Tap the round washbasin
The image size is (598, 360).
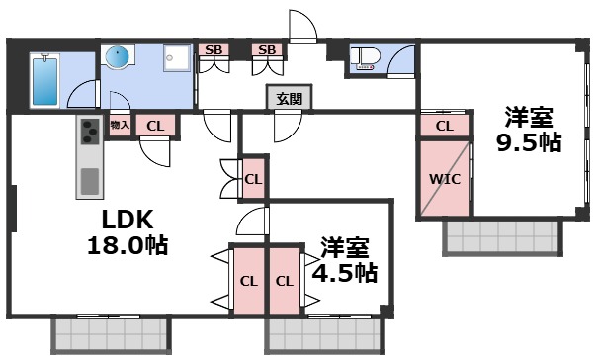(118, 58)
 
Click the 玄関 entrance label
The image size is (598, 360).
(289, 98)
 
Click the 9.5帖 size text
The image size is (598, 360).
(528, 141)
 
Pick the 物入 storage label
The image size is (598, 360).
(120, 125)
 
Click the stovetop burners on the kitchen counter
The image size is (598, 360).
(89, 131)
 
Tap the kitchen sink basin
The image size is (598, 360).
(89, 182)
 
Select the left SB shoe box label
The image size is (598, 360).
(213, 49)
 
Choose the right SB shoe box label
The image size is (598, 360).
(266, 49)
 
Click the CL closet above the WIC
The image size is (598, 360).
(445, 126)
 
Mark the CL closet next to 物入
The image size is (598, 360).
(155, 125)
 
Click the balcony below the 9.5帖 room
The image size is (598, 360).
(501, 238)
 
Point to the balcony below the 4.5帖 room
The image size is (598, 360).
(324, 337)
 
